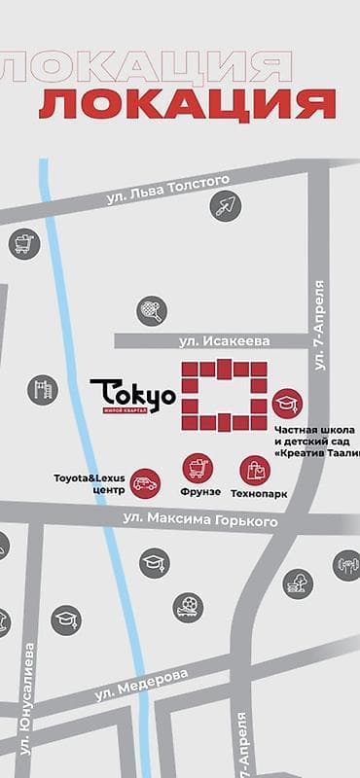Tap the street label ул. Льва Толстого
[167, 188]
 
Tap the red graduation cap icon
[287, 403]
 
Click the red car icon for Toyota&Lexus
[145, 481]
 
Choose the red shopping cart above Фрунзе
[198, 468]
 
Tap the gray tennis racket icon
[151, 310]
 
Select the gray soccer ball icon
[188, 608]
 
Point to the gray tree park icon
[298, 583]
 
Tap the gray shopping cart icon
[23, 243]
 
